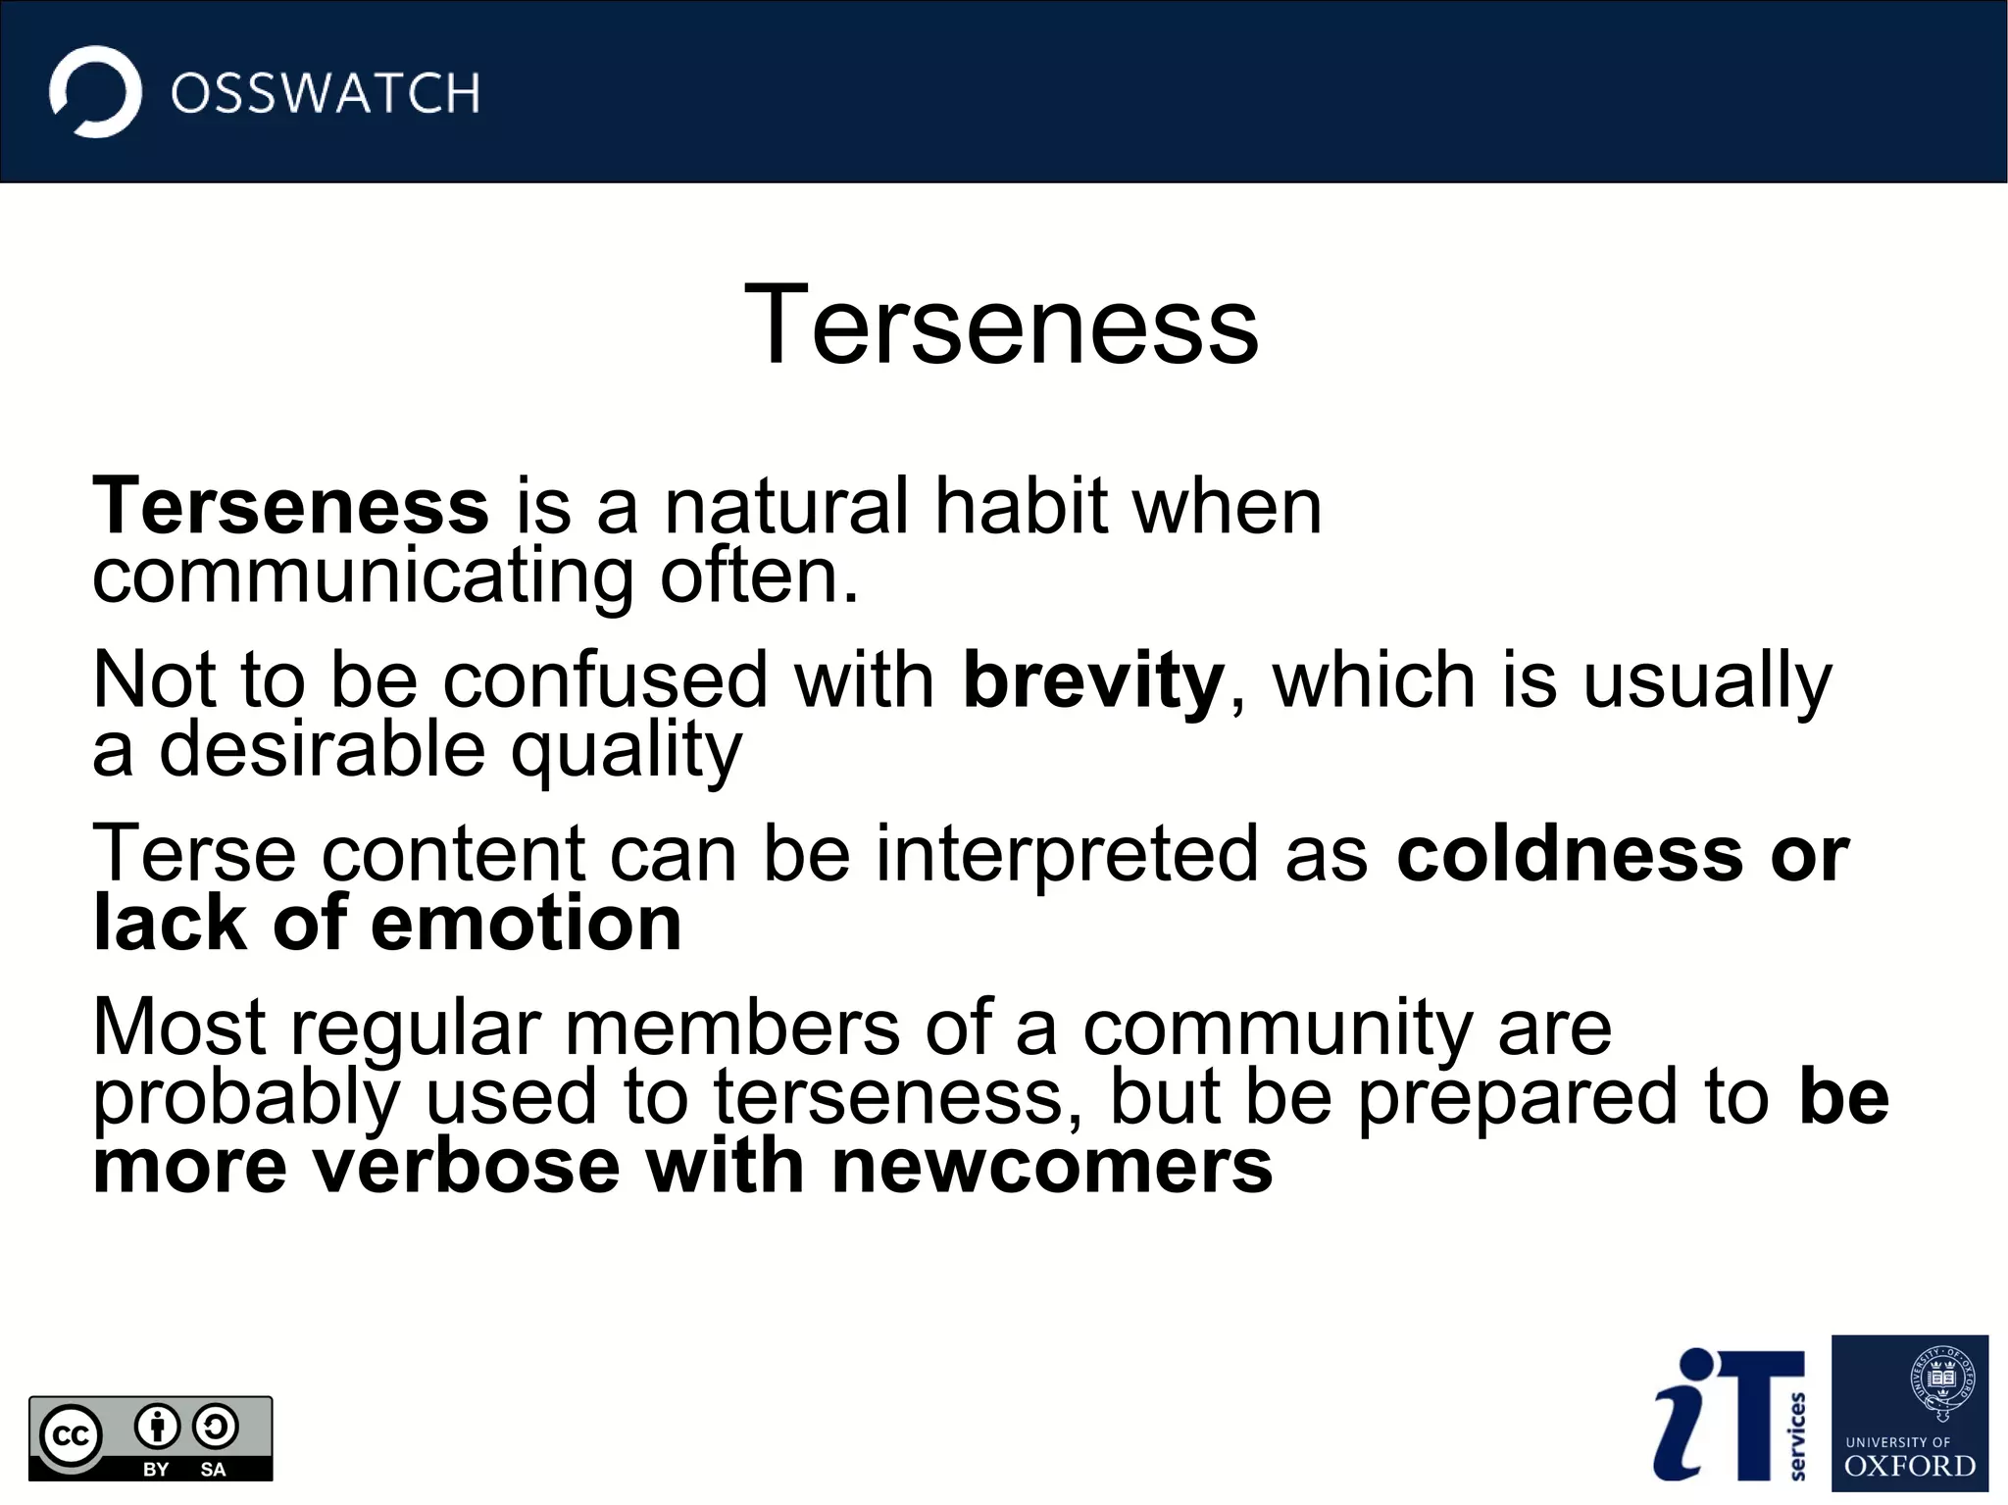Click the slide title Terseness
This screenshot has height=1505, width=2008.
1001,325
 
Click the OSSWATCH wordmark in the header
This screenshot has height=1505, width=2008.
325,93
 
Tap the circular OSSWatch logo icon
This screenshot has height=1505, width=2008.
95,92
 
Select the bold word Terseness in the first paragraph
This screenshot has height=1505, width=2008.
290,506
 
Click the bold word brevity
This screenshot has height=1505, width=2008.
1093,680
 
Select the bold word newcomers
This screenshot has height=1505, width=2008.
1052,1166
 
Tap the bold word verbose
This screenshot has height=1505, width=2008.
466,1166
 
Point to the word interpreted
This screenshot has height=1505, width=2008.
1068,854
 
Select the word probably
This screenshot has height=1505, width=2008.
246,1098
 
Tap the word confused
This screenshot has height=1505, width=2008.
605,680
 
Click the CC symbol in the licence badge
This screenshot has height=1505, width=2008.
70,1436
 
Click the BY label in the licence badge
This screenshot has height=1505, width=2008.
156,1470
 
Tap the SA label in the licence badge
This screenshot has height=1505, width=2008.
213,1470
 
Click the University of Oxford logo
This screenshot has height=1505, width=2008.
1909,1413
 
